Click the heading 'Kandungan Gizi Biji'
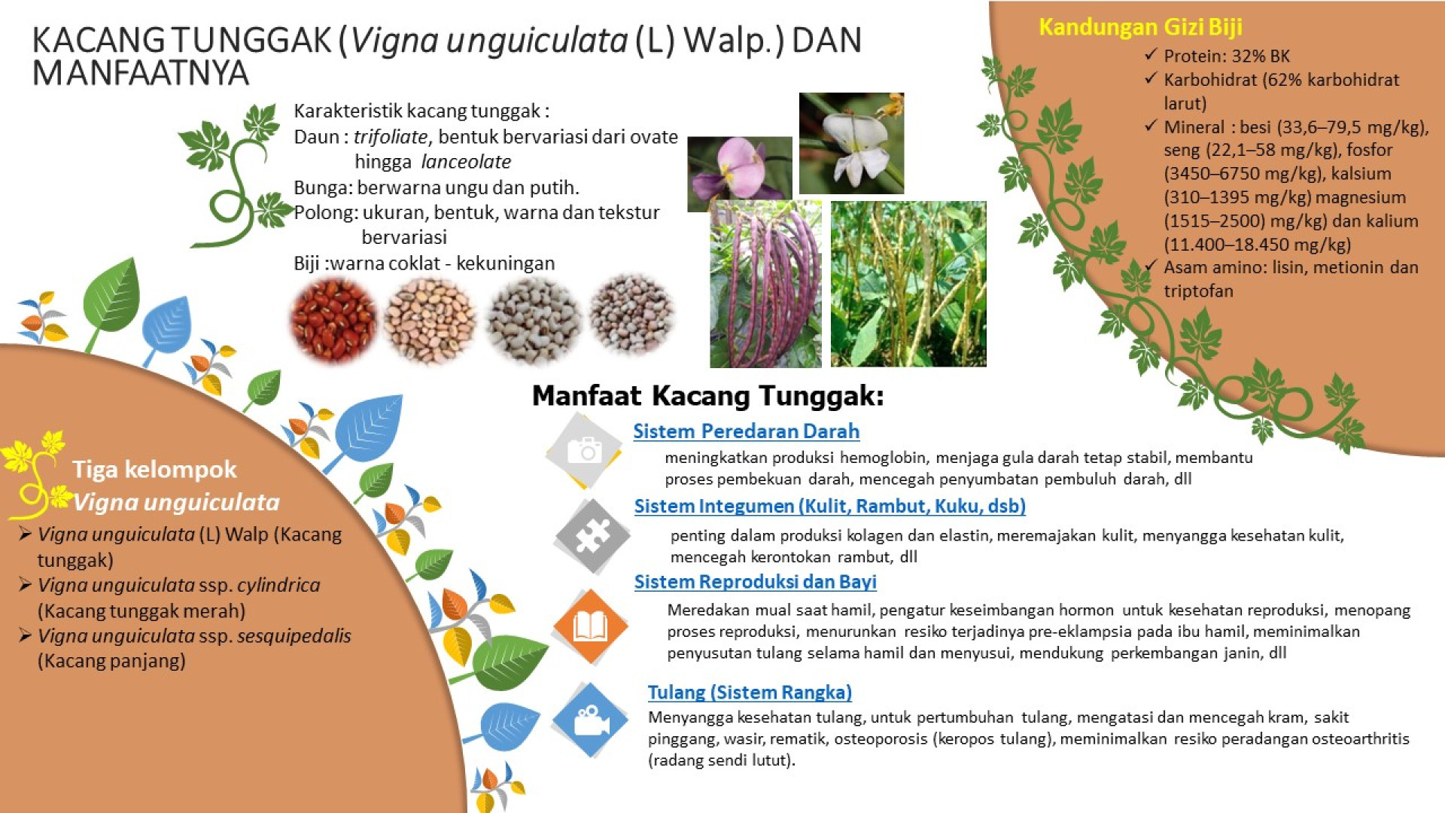(1140, 27)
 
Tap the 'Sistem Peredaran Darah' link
(746, 431)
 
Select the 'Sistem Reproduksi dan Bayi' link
(755, 582)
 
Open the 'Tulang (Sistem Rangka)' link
(750, 693)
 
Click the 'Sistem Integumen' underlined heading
(829, 506)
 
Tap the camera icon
(584, 451)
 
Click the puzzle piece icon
(592, 536)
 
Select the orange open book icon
(590, 626)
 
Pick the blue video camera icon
(590, 720)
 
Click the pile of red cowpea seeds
(333, 320)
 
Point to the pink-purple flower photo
(740, 174)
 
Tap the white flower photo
(851, 143)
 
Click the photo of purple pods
(765, 284)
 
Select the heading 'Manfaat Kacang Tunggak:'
(707, 396)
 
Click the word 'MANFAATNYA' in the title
(141, 73)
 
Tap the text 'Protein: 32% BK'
(1227, 56)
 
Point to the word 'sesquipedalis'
(294, 636)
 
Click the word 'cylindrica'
(278, 585)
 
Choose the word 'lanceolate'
(466, 162)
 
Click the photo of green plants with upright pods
(908, 284)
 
